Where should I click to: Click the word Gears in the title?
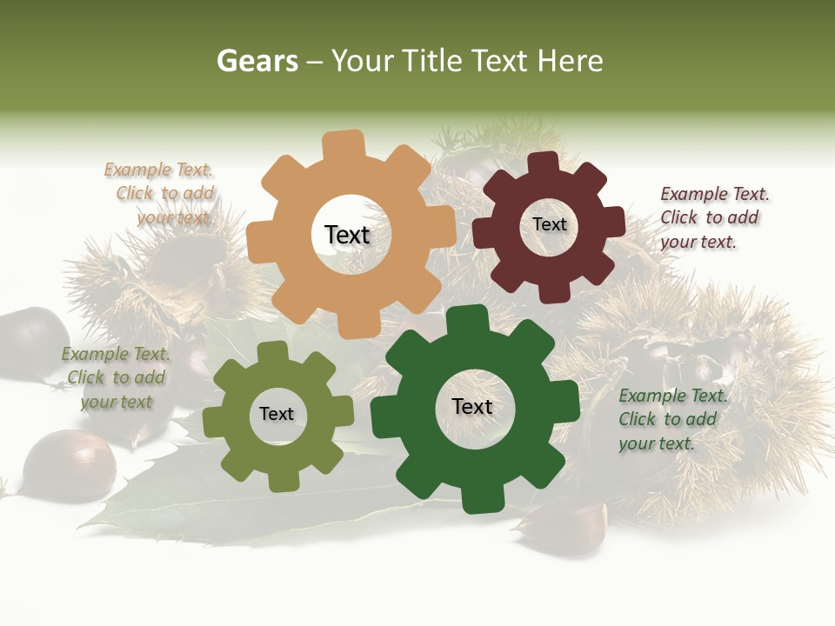click(257, 61)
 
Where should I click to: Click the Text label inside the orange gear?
click(347, 235)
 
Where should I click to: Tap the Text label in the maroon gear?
click(549, 224)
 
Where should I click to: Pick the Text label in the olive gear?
click(277, 414)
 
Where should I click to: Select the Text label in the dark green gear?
click(472, 406)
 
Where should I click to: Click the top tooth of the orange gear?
click(344, 144)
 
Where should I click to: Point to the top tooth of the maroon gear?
click(544, 163)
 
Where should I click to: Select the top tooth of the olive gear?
click(273, 352)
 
